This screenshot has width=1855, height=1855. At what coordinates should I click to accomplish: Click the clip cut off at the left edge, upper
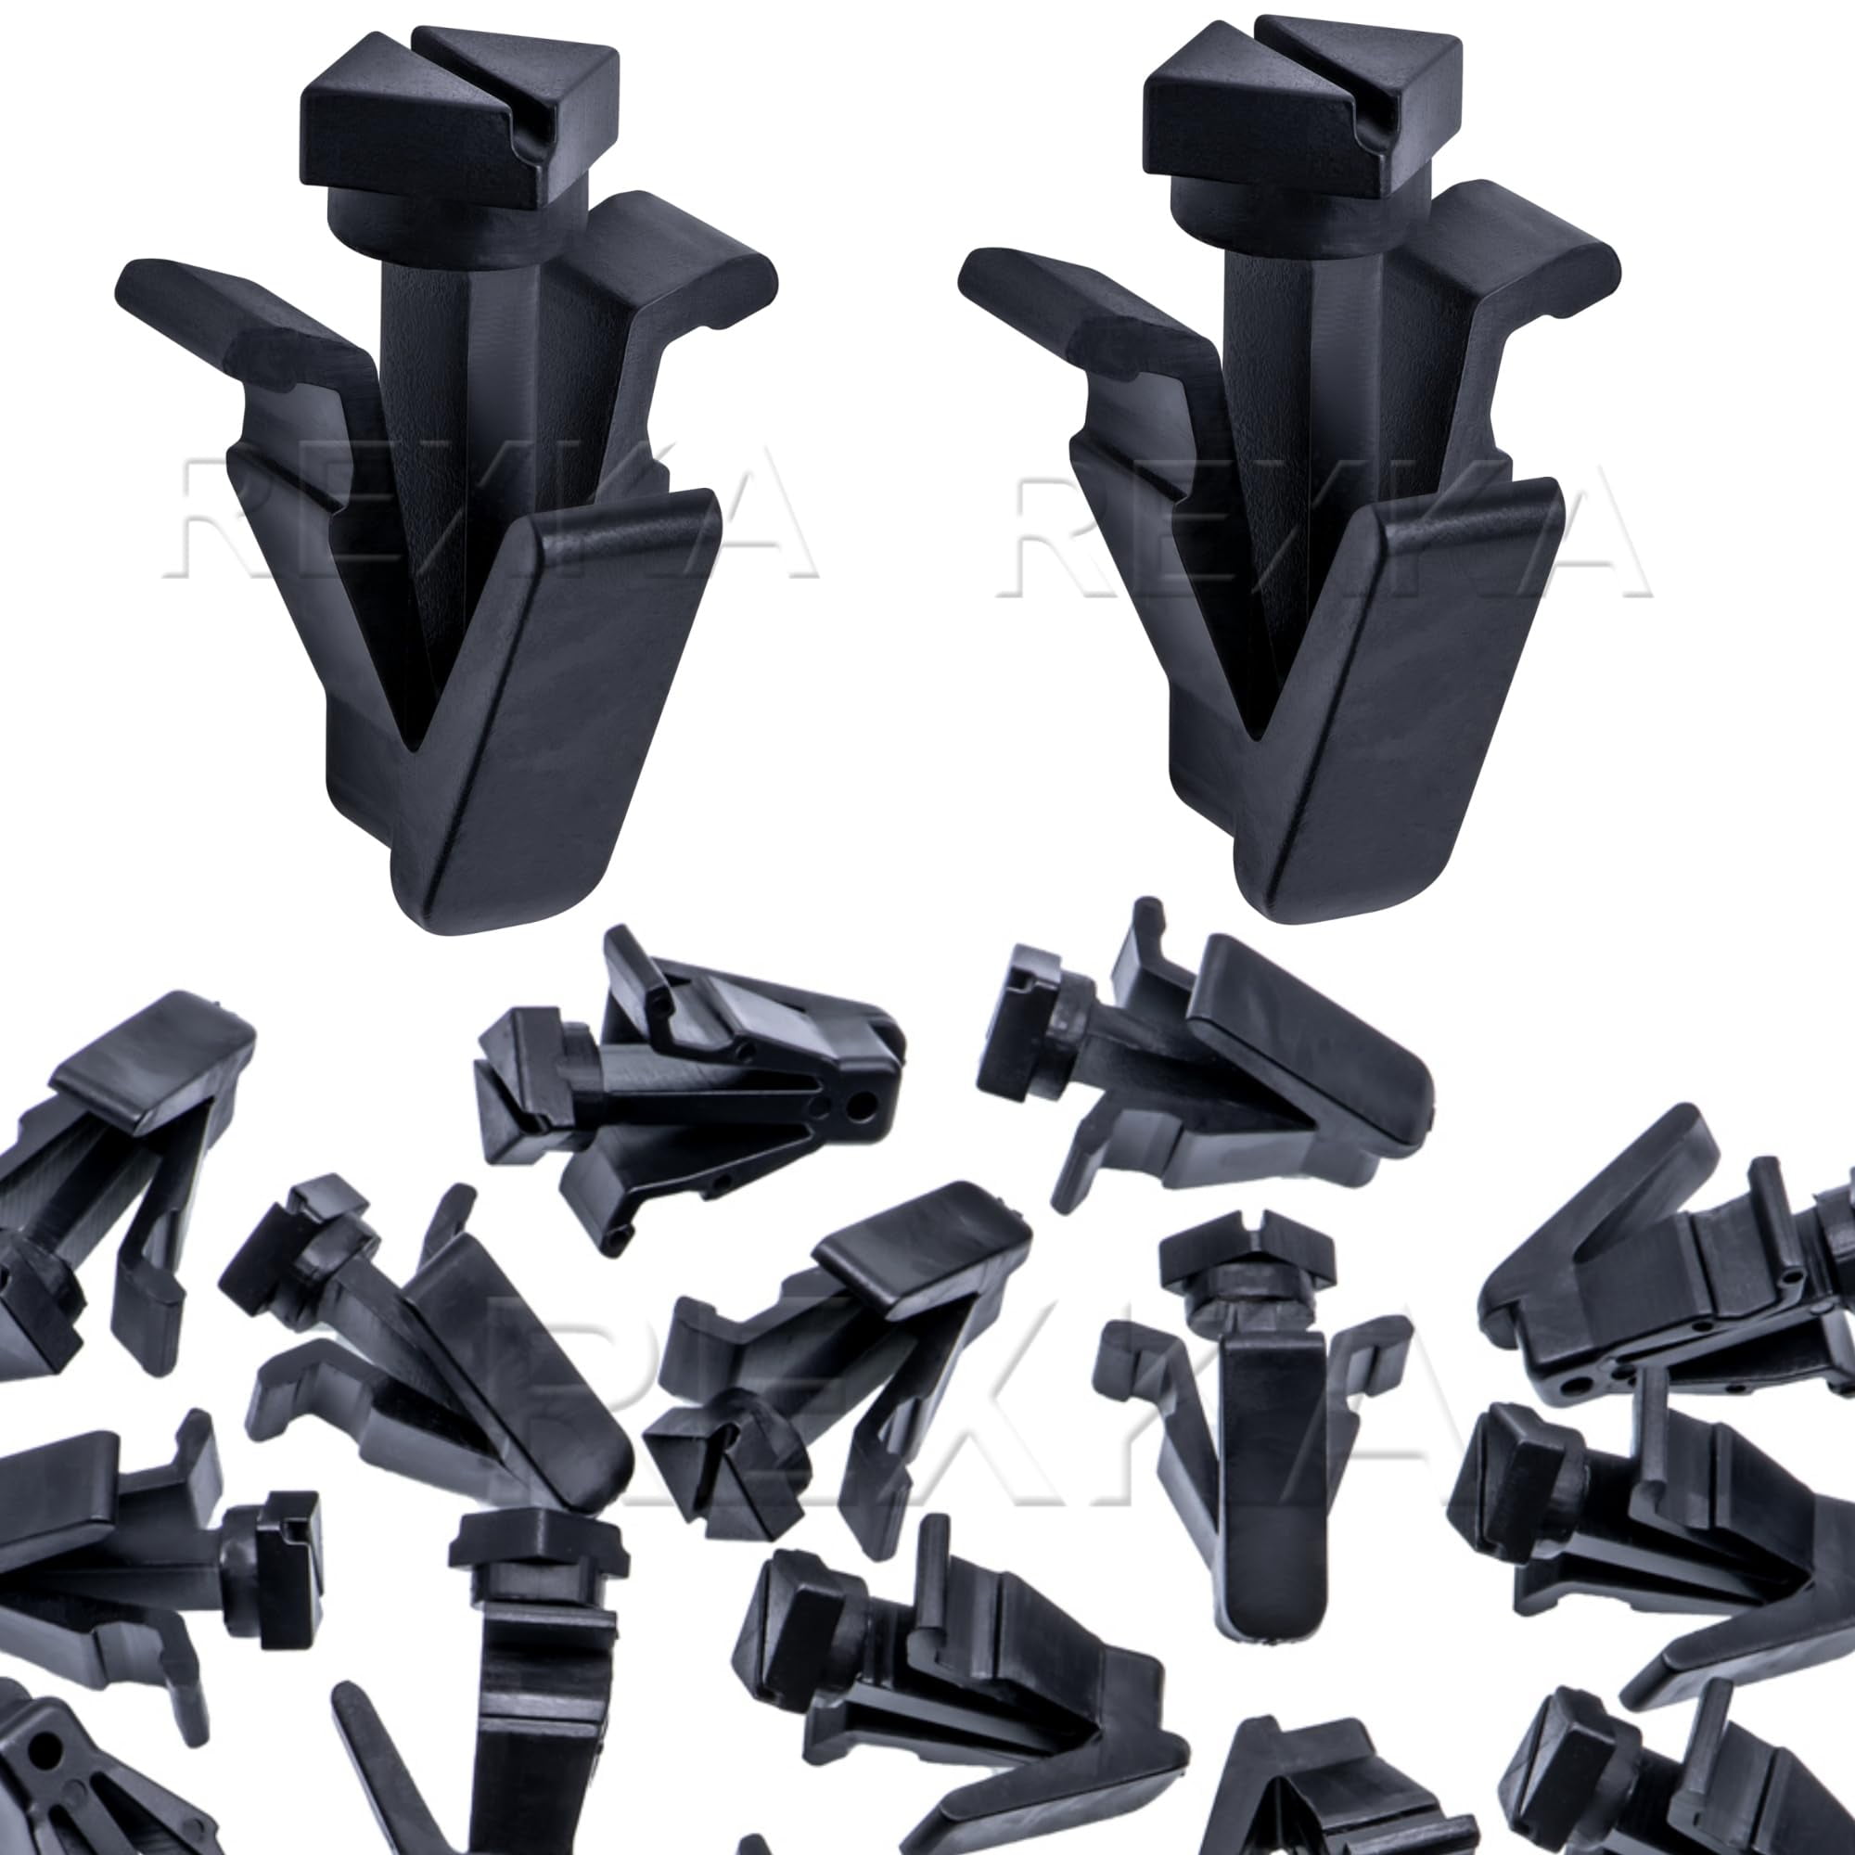point(106,1152)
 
